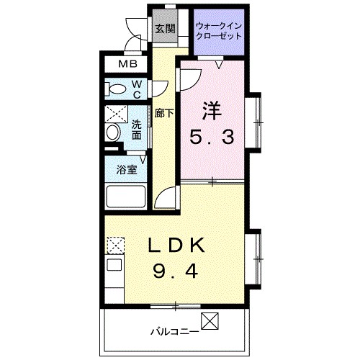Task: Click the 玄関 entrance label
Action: (165, 30)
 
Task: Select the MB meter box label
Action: (128, 63)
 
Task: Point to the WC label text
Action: (137, 89)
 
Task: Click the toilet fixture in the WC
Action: (115, 89)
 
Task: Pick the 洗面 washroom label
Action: (136, 128)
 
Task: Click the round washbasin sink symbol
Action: (112, 133)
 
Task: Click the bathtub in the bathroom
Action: (126, 197)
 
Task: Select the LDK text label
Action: (177, 246)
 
